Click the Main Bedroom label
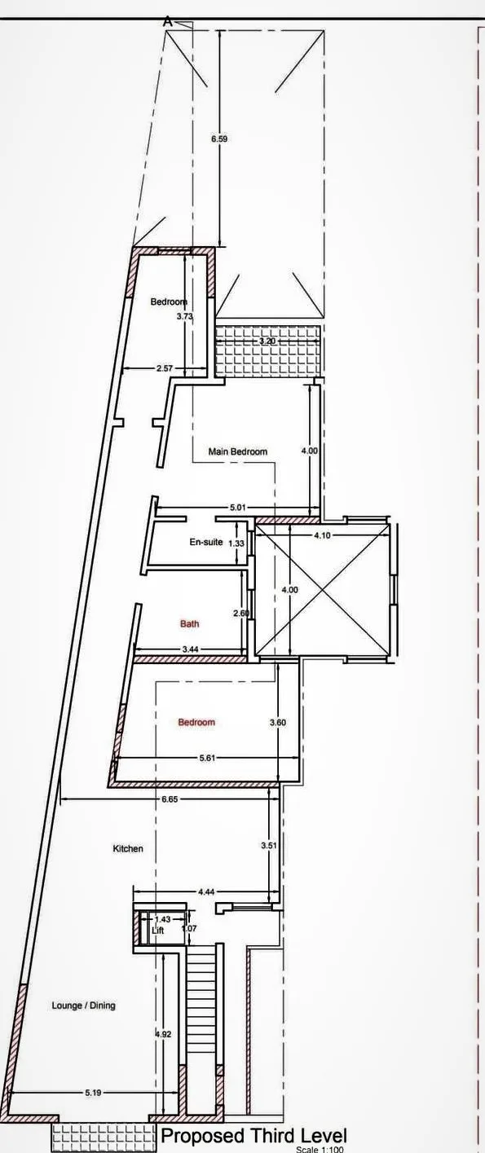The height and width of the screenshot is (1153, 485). (238, 451)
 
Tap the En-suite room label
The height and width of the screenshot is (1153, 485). (206, 542)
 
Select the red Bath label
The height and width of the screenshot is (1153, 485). (189, 623)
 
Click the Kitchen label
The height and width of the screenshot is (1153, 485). (128, 848)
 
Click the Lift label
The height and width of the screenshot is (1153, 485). (157, 931)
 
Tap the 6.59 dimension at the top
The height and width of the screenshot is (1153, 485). (219, 139)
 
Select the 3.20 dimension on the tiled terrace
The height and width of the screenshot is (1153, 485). (267, 341)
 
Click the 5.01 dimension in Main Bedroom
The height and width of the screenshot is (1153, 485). (238, 508)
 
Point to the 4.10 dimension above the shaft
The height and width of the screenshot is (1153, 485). (322, 535)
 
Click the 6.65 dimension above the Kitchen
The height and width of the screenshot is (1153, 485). (170, 799)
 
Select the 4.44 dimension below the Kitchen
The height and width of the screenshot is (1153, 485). (206, 892)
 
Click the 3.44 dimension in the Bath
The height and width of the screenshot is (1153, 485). (190, 649)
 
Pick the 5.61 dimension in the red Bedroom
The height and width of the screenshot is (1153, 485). (206, 758)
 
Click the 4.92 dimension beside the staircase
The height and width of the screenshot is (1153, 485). (163, 1033)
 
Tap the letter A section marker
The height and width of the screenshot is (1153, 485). (167, 22)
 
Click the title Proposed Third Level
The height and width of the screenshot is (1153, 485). (254, 1136)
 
